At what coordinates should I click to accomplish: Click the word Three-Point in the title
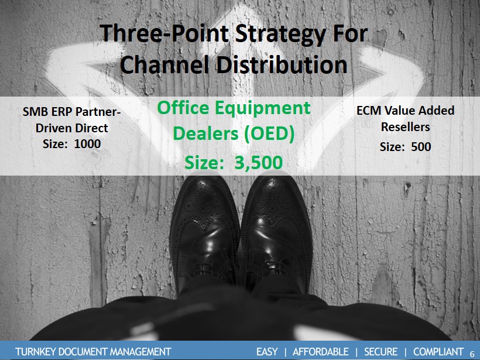coord(164,34)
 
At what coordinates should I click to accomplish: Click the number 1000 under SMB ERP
coord(88,144)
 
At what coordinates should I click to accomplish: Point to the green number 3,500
coord(258,163)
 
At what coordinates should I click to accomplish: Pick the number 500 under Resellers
coord(421,147)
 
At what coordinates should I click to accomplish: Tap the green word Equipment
coord(262,109)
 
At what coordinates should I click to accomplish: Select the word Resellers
coord(405,127)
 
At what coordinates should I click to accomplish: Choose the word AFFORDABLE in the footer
coord(321,352)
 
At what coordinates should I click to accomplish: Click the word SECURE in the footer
coord(381,352)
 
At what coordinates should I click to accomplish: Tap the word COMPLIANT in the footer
coord(438,352)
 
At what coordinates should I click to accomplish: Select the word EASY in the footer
coord(267,352)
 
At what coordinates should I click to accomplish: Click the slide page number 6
coord(472,353)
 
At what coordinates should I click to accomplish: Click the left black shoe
coord(204,232)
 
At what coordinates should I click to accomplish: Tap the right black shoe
coord(276,232)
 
